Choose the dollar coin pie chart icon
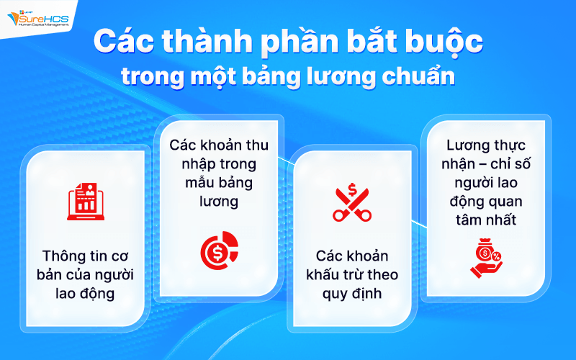click(x=218, y=249)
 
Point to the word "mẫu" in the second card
click(x=188, y=183)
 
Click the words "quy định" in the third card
click(x=352, y=294)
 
